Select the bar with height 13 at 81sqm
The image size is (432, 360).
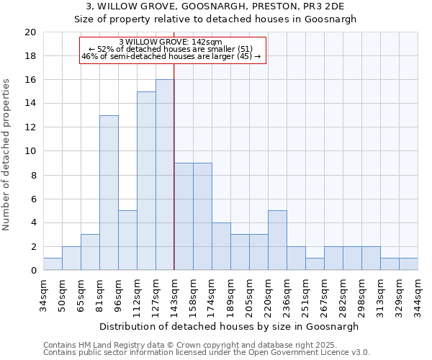pyautogui.click(x=109, y=193)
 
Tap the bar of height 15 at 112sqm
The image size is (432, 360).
pyautogui.click(x=146, y=181)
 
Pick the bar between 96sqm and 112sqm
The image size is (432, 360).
pyautogui.click(x=127, y=240)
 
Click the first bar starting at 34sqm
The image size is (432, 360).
pyautogui.click(x=53, y=264)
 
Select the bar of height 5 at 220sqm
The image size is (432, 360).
pyautogui.click(x=277, y=240)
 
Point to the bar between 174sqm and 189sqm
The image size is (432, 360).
pyautogui.click(x=221, y=246)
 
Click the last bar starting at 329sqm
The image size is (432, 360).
pyautogui.click(x=408, y=264)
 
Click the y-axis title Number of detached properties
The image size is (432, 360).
pyautogui.click(x=7, y=151)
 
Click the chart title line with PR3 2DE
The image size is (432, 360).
pyautogui.click(x=216, y=6)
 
